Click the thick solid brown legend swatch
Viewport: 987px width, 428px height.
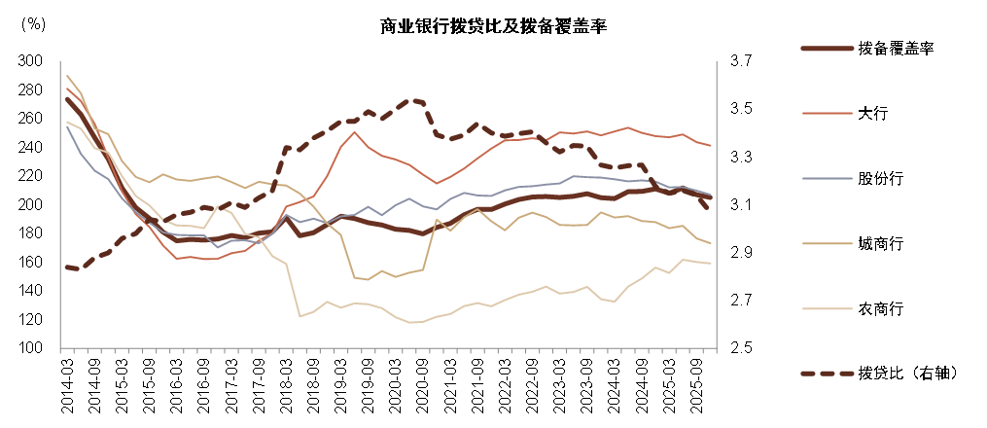click(828, 49)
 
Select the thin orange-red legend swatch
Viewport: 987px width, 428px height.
click(828, 114)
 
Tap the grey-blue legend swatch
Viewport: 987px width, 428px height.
click(828, 179)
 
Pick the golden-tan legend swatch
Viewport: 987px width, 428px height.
click(828, 244)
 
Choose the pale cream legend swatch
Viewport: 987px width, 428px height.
click(828, 309)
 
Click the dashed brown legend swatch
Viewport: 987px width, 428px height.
click(828, 374)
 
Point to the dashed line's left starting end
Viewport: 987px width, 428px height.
click(66, 267)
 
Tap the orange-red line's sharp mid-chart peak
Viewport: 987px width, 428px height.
click(355, 132)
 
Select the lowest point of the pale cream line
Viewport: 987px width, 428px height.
click(414, 323)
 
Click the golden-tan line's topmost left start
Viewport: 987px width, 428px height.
click(66, 75)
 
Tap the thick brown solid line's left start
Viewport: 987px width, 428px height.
click(66, 98)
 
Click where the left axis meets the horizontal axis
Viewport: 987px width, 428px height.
click(60, 348)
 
